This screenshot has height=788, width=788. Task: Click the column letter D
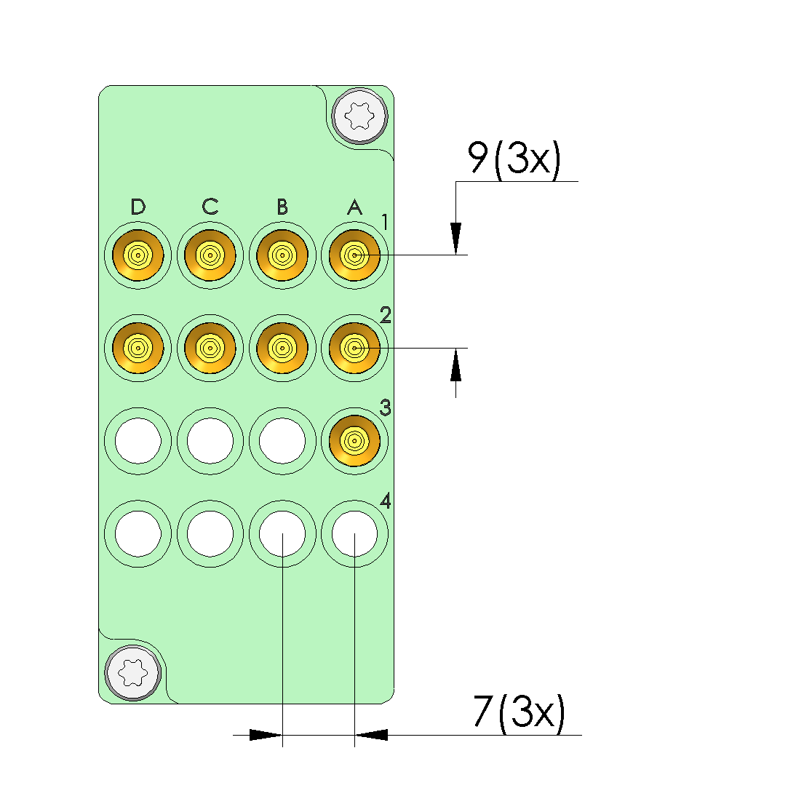coord(138,207)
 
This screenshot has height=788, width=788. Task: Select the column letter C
coord(210,207)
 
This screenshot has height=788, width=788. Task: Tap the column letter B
coord(282,207)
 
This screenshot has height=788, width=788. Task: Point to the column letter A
coord(354,207)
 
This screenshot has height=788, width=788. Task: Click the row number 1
coord(385,222)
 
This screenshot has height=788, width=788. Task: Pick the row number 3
coord(386,407)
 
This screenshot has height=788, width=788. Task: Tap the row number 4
coord(386,501)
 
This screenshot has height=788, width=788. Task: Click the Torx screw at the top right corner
coord(360,116)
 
